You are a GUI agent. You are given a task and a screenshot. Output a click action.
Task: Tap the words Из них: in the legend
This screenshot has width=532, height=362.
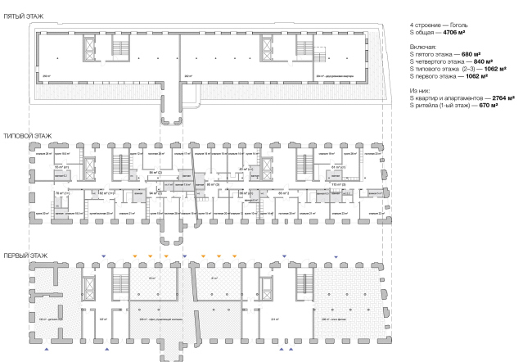point(420,90)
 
